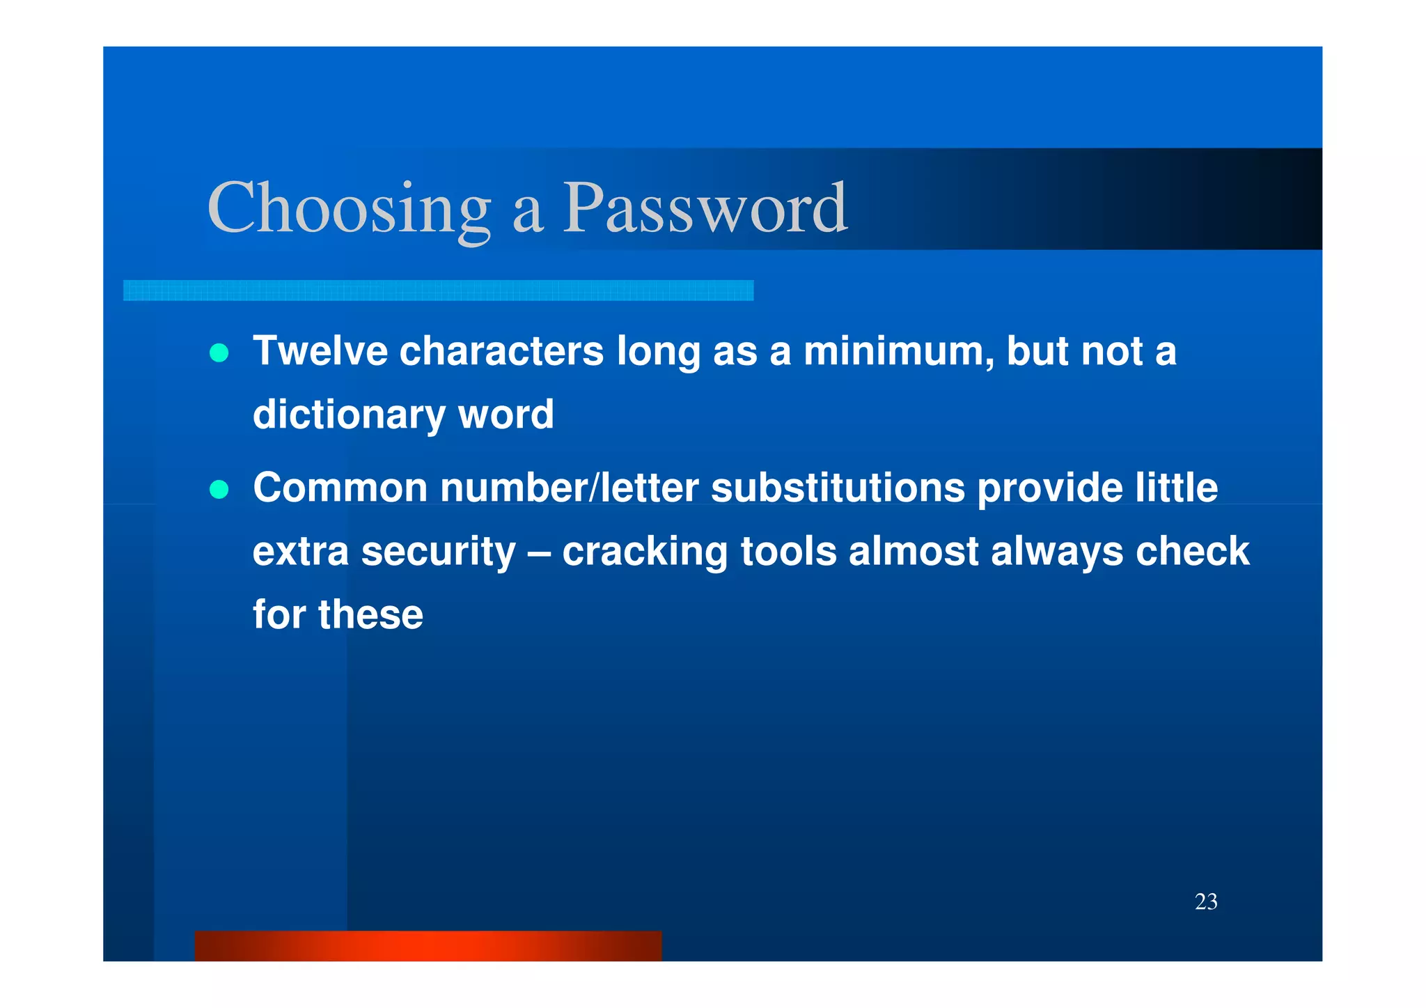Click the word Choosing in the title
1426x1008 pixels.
pos(349,208)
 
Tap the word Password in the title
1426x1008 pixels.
pos(705,208)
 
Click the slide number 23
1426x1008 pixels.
pos(1206,901)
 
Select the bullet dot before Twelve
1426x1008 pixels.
pos(219,353)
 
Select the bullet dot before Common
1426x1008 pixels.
pos(219,490)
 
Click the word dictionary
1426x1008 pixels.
pos(349,414)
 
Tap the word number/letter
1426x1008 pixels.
pos(569,487)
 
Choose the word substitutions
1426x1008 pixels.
pos(838,487)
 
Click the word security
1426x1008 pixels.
pos(439,552)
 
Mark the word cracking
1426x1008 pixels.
pos(645,552)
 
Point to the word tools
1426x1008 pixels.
pos(788,552)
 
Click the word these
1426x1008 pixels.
pos(370,614)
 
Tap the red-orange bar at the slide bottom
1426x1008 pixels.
pos(428,946)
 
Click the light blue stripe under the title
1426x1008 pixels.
pos(438,290)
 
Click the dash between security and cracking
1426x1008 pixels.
pos(539,552)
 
